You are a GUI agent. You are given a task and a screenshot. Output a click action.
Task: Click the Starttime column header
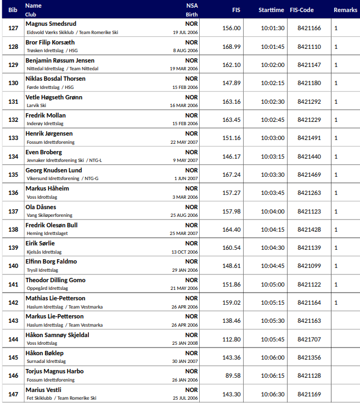(271, 10)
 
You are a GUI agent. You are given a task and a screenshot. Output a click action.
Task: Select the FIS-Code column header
(309, 10)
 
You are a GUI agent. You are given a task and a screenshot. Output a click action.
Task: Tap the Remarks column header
(345, 10)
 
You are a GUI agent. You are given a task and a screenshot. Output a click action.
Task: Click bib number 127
(13, 28)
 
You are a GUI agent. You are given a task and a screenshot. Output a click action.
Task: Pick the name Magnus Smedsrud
(51, 24)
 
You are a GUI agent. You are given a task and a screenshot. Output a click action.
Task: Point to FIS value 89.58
(232, 376)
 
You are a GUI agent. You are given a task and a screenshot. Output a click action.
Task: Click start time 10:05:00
(272, 284)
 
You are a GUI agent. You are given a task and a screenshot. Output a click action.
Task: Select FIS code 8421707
(309, 339)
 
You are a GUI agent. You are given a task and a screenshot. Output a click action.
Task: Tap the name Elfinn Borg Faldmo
(51, 262)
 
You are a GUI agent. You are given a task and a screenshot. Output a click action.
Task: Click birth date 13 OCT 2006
(184, 252)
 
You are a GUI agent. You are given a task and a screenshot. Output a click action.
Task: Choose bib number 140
(13, 266)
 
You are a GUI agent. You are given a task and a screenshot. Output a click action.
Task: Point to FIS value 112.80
(232, 339)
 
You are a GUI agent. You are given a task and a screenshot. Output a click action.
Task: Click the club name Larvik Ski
(36, 105)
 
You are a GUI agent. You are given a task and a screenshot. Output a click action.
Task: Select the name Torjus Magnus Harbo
(54, 372)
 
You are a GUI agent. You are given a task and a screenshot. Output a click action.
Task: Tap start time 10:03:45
(272, 193)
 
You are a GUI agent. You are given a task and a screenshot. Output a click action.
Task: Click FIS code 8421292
(309, 102)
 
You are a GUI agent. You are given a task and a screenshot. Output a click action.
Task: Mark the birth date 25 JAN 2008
(184, 344)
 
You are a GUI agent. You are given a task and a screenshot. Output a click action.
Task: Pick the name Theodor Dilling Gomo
(55, 280)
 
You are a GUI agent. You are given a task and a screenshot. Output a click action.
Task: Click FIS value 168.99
(232, 47)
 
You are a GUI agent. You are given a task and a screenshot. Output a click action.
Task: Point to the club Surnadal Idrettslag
(46, 362)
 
